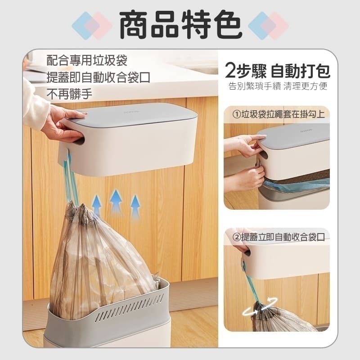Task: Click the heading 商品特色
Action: [180, 25]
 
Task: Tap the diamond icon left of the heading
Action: [92, 26]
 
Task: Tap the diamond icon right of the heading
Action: [268, 26]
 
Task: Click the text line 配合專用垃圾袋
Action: [87, 61]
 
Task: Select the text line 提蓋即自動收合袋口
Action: [98, 77]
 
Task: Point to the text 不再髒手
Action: [69, 94]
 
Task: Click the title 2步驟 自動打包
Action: [277, 71]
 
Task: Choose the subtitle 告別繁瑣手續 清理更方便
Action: [277, 86]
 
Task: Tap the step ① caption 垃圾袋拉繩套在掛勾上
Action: [279, 114]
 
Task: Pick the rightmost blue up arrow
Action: [135, 207]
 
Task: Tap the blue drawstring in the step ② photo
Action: [250, 283]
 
